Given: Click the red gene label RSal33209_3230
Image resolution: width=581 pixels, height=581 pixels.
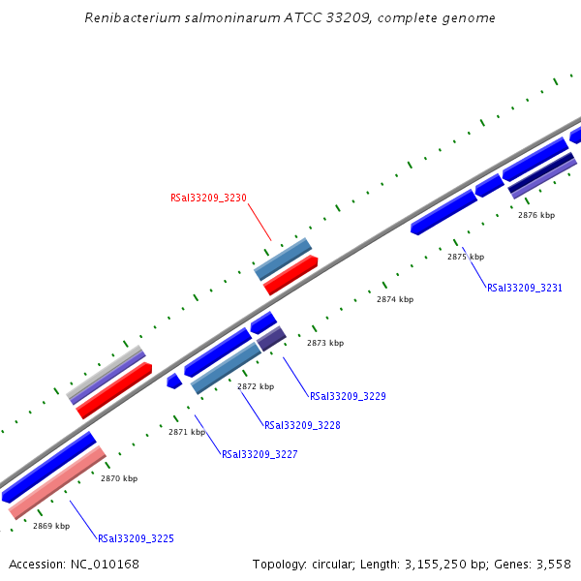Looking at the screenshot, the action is [208, 198].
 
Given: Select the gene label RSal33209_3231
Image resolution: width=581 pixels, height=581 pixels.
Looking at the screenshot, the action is [524, 288].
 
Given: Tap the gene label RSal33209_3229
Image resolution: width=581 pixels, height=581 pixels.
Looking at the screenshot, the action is [348, 396].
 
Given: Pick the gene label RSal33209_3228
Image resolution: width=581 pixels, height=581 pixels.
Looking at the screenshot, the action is [302, 425].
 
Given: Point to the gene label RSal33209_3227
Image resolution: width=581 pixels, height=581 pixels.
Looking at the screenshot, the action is [260, 454].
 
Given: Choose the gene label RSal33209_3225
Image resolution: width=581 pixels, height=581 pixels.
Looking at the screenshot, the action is [136, 538].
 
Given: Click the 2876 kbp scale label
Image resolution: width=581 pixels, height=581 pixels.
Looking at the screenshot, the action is [536, 215].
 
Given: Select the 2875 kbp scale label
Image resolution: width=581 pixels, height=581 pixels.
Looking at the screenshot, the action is [466, 257].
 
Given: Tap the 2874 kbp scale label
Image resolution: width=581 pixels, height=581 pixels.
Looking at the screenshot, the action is [395, 299].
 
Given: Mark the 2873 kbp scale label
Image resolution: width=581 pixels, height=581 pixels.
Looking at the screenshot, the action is [325, 343].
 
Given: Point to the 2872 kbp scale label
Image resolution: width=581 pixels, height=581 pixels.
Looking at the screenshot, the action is [256, 386].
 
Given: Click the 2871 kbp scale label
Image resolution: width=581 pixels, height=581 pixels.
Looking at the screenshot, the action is [187, 432].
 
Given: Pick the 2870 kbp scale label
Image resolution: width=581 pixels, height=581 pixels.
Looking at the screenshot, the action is [119, 478].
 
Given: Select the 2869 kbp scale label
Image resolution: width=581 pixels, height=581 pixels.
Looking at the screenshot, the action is [51, 526].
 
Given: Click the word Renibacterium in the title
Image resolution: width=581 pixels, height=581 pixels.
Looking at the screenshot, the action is [130, 18].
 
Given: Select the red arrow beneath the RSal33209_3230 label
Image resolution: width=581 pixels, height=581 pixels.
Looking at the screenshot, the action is [290, 275].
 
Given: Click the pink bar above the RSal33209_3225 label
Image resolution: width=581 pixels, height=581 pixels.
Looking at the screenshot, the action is [57, 482].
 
